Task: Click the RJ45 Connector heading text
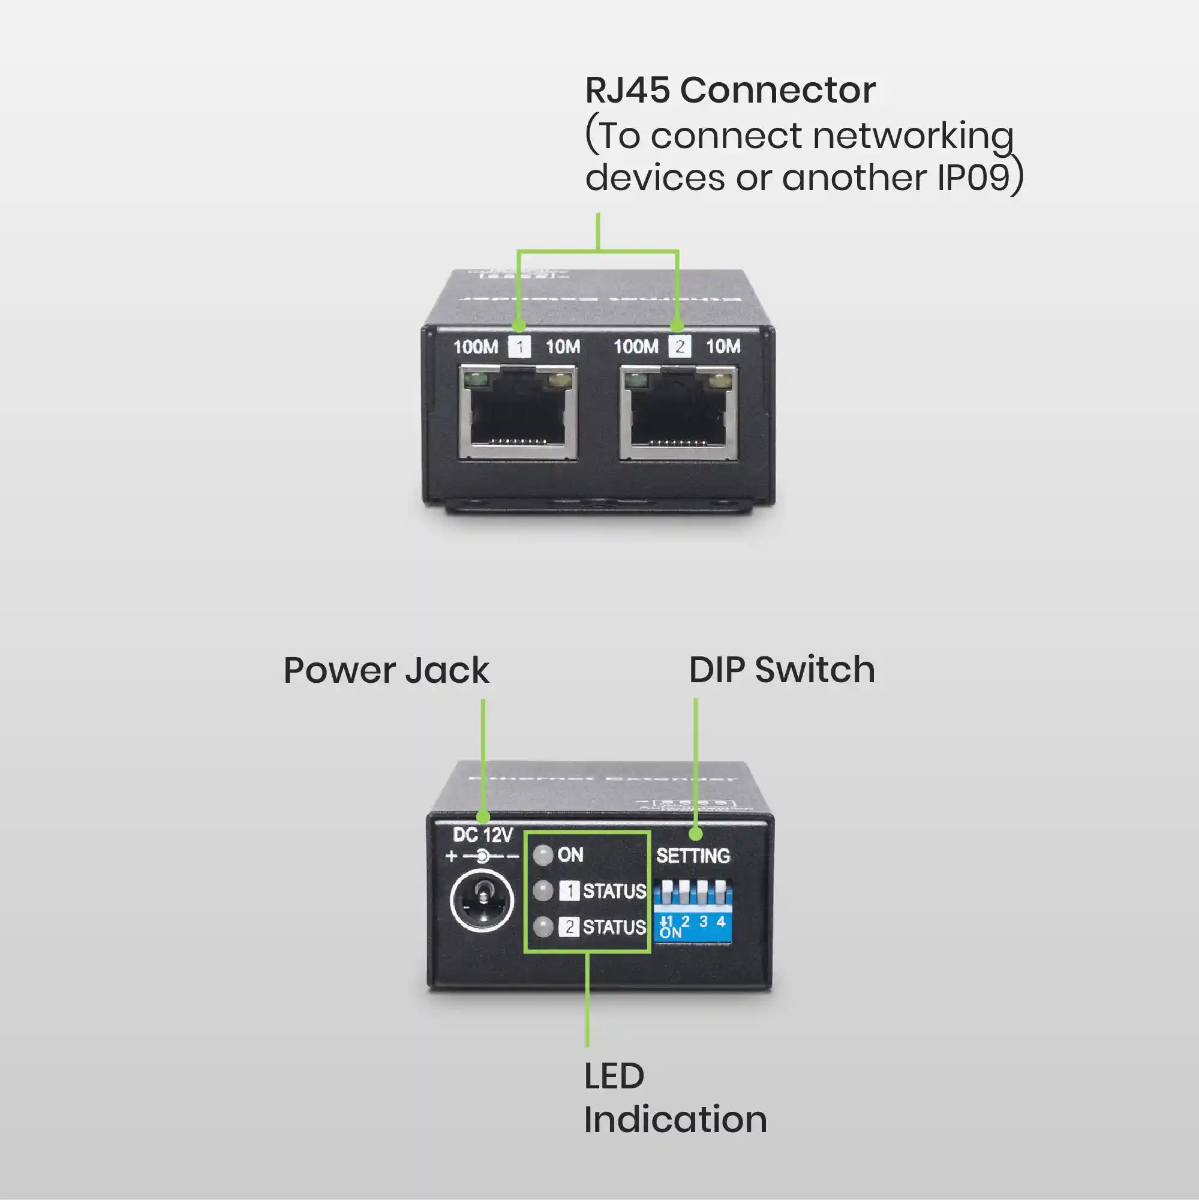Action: (730, 91)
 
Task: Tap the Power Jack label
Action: (386, 671)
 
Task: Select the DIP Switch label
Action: (782, 670)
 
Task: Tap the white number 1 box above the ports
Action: (519, 347)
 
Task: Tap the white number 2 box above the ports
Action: (680, 347)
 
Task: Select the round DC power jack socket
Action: (481, 903)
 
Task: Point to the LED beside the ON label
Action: (543, 855)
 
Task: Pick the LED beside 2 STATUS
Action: (543, 928)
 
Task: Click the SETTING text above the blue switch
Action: (693, 856)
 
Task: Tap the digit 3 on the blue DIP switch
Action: (703, 920)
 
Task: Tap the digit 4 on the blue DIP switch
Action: (721, 920)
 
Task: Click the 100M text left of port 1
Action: (476, 347)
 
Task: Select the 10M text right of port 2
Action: (723, 347)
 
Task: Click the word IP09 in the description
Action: (972, 178)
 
